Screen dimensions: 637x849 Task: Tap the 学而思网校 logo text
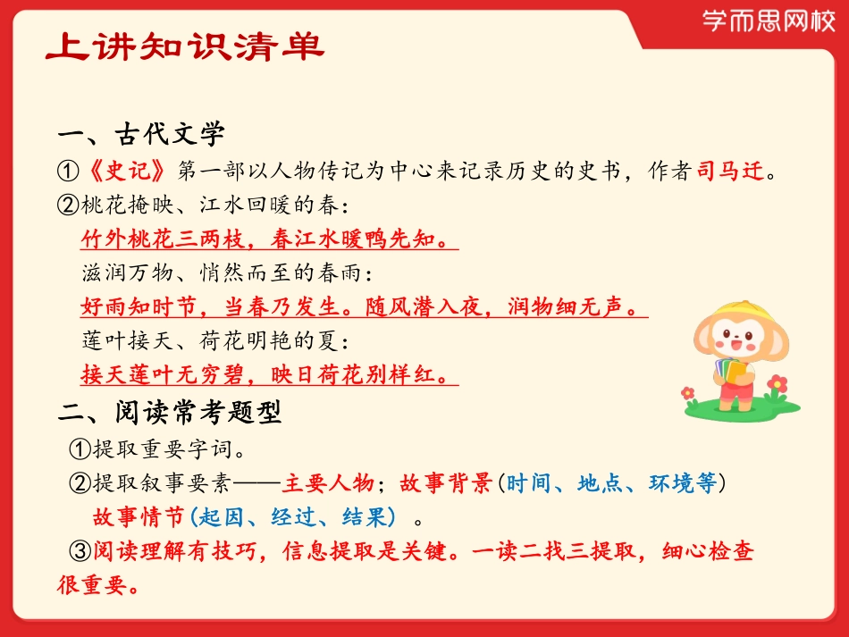pyautogui.click(x=769, y=21)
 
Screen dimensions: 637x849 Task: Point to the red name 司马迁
pyautogui.click(x=731, y=171)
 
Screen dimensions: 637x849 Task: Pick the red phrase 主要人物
pyautogui.click(x=327, y=483)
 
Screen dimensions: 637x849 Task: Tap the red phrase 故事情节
pyautogui.click(x=138, y=516)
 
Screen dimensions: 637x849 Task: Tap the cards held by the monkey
pyautogui.click(x=732, y=366)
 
